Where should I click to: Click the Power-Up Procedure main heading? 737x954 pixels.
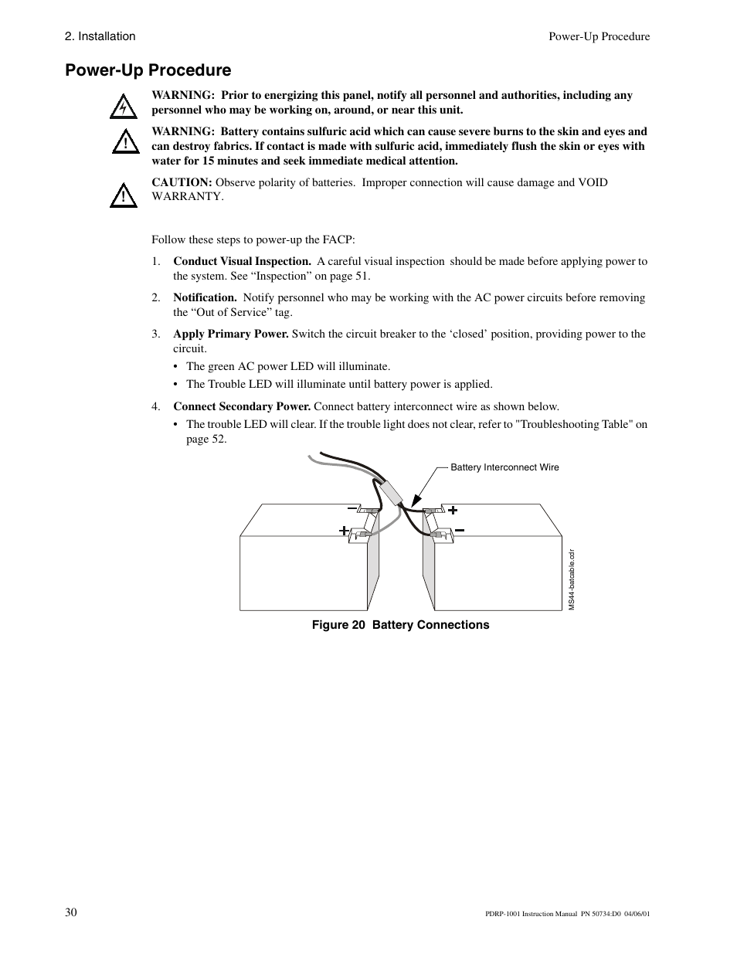(148, 70)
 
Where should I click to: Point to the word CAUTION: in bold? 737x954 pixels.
(182, 182)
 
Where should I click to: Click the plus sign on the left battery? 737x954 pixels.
(344, 531)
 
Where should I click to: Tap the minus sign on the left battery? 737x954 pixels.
(352, 509)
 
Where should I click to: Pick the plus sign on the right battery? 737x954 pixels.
(453, 510)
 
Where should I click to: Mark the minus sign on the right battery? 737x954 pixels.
(459, 530)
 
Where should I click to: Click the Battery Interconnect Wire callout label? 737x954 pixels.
(504, 467)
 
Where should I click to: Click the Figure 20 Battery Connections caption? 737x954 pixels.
(400, 625)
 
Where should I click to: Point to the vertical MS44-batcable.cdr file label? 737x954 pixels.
(572, 579)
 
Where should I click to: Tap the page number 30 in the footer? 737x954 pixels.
(71, 912)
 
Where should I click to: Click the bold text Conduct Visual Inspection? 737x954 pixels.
(242, 261)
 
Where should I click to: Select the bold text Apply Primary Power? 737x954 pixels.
(230, 334)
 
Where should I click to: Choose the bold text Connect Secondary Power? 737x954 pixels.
(242, 406)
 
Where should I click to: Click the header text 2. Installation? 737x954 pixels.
(100, 36)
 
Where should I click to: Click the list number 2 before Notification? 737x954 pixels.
(155, 297)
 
